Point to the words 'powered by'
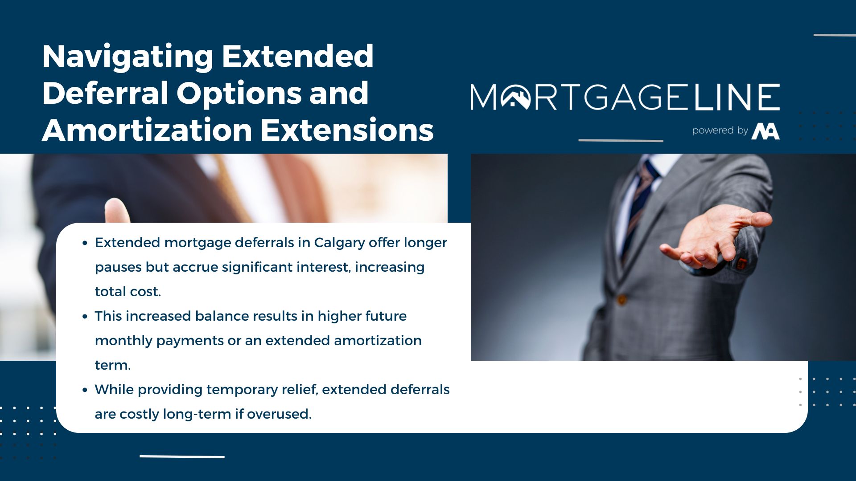(720, 130)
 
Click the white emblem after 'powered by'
(765, 131)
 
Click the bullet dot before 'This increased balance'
(85, 317)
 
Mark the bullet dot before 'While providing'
(85, 390)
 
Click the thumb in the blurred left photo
(116, 211)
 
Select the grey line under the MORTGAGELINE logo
(621, 140)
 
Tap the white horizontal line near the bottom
(182, 457)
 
